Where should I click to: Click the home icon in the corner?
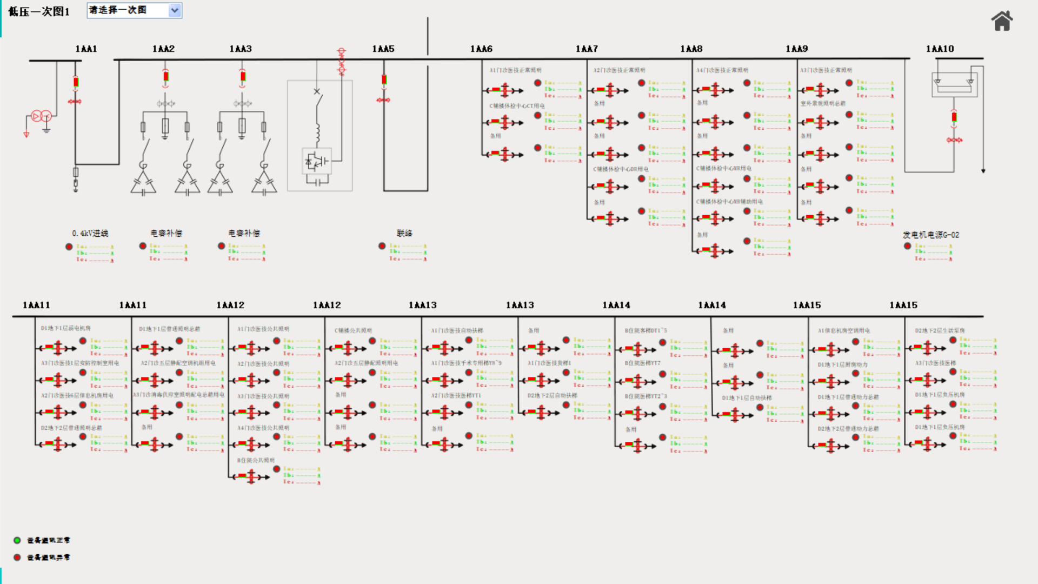1002,21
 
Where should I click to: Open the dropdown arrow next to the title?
175,10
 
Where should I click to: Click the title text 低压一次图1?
39,11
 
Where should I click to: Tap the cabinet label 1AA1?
86,49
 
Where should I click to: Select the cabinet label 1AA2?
163,49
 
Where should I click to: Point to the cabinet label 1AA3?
241,49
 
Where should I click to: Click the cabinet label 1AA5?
383,49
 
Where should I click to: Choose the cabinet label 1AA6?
481,49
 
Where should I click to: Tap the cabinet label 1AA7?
587,49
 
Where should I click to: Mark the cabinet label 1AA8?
691,49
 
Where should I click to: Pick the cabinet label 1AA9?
797,49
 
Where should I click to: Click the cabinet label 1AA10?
940,49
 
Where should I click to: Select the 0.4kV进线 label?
90,233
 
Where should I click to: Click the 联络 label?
404,233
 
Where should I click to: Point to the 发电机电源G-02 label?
931,235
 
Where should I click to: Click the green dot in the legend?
17,540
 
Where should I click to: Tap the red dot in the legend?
17,557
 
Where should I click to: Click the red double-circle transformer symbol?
41,116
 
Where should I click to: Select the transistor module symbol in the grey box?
317,161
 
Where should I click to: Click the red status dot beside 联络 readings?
382,246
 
